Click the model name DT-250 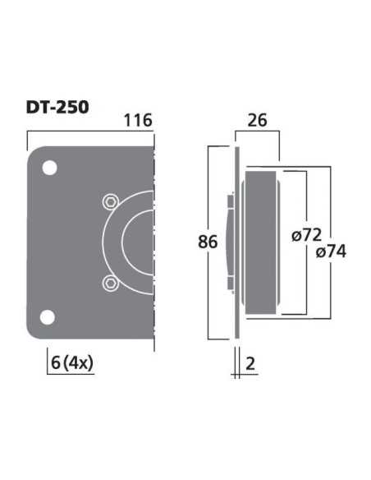click(x=57, y=107)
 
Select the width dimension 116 click(x=138, y=121)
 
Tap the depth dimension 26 click(x=257, y=121)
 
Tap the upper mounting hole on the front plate click(x=49, y=168)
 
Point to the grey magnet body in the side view click(x=262, y=242)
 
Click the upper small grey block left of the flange click(x=231, y=200)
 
